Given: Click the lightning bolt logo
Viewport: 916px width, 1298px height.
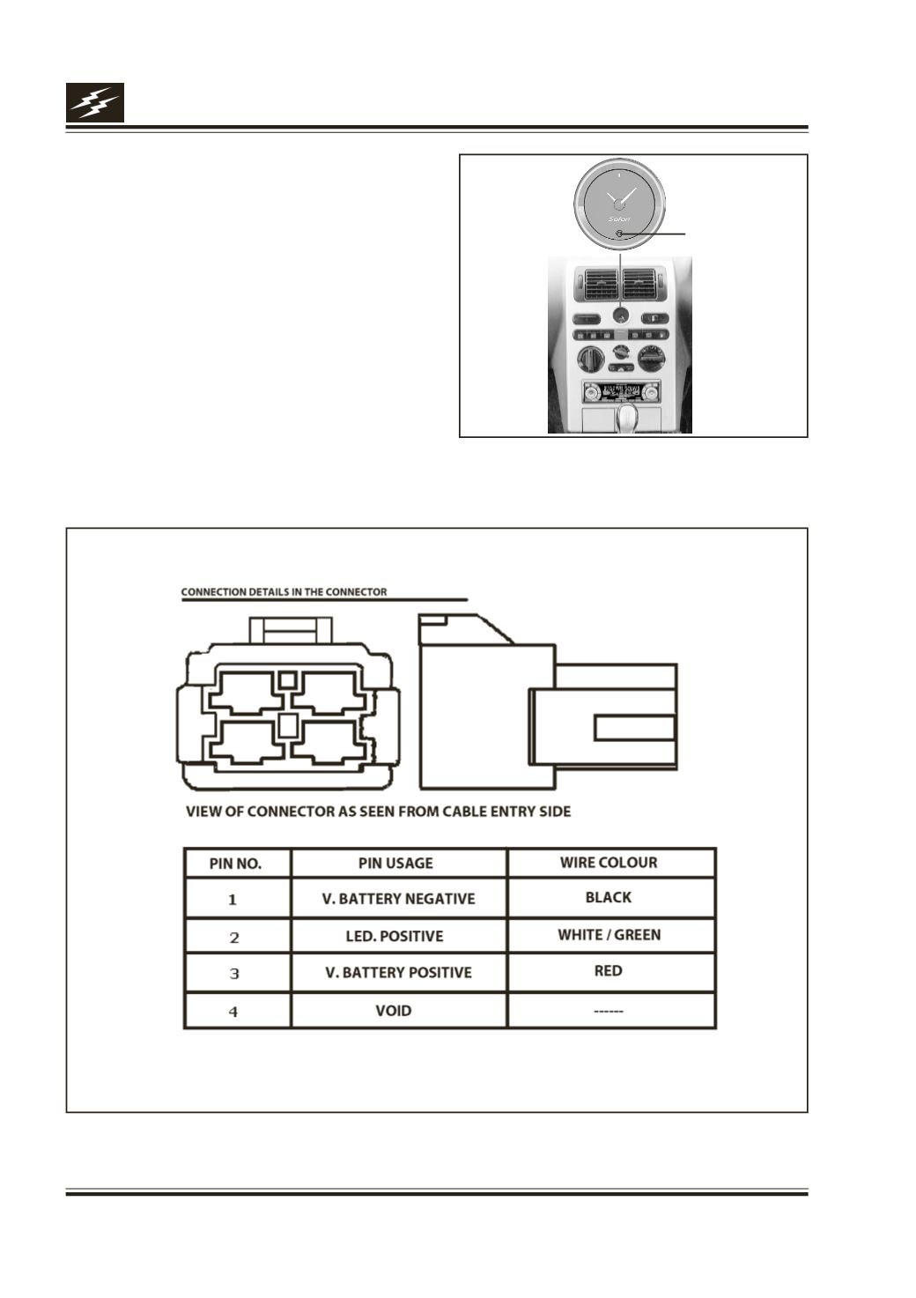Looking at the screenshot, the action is pyautogui.click(x=95, y=102).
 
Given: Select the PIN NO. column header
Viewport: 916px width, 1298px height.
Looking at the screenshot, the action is pyautogui.click(x=236, y=864).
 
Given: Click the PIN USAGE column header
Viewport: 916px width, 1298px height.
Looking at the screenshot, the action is pyautogui.click(x=395, y=864).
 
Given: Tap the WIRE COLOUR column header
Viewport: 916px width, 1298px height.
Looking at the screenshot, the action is pyautogui.click(x=609, y=862).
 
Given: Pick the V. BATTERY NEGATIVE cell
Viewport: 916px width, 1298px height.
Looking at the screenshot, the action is pyautogui.click(x=398, y=899).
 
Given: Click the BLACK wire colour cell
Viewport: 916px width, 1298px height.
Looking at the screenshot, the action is pyautogui.click(x=608, y=898).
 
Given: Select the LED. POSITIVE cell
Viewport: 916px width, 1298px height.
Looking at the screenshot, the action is pyautogui.click(x=395, y=937).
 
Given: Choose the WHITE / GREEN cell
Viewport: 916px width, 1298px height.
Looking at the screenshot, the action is pyautogui.click(x=609, y=935).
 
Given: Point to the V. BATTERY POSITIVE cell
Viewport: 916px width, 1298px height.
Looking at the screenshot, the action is pyautogui.click(x=398, y=972).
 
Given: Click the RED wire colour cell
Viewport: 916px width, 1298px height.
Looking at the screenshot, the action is pyautogui.click(x=608, y=970).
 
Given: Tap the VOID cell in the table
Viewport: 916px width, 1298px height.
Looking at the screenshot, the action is pyautogui.click(x=394, y=1011).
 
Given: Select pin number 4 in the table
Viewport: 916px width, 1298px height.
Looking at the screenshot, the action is pyautogui.click(x=233, y=1012).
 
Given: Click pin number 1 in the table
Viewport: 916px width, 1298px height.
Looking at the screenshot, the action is pyautogui.click(x=233, y=900).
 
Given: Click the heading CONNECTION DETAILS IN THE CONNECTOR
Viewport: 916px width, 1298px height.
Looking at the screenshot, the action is pyautogui.click(x=284, y=592).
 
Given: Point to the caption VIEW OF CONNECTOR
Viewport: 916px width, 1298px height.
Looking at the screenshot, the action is pyautogui.click(x=378, y=812).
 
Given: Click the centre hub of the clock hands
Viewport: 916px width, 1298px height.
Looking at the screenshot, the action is pyautogui.click(x=619, y=204).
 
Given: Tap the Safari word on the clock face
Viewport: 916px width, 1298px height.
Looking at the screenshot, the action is pyautogui.click(x=619, y=219).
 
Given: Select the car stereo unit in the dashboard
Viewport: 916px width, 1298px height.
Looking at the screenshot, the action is pyautogui.click(x=621, y=392).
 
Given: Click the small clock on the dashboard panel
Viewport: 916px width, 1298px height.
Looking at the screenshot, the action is pyautogui.click(x=620, y=315).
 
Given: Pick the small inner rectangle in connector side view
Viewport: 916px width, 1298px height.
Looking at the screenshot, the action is pyautogui.click(x=635, y=729).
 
